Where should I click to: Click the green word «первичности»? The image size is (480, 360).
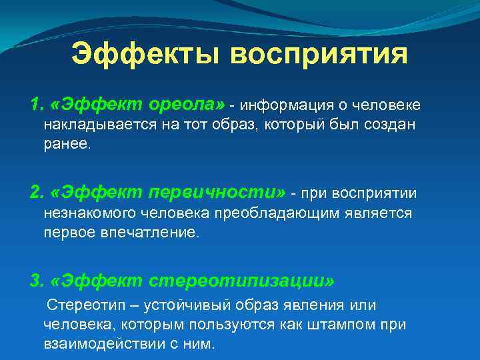coord(214,193)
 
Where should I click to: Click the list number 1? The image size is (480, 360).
coord(35,105)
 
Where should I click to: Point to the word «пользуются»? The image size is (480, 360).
coord(237,325)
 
